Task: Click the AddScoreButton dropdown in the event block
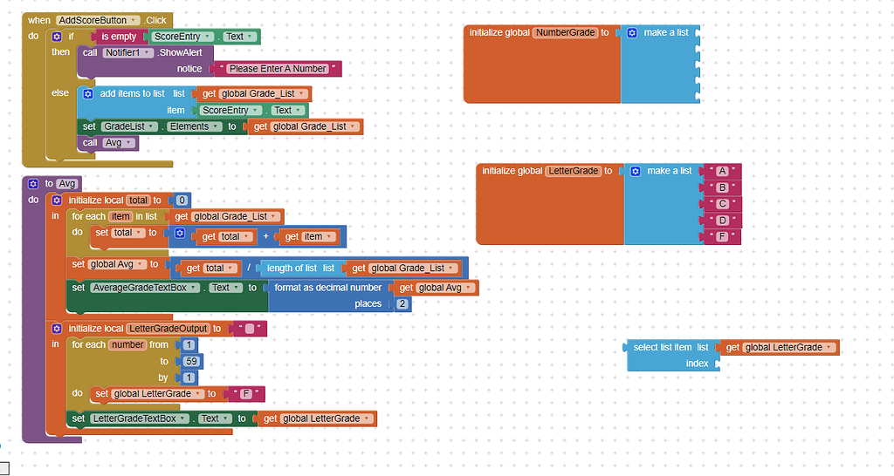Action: coord(98,20)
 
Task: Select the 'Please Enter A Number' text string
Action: coord(278,69)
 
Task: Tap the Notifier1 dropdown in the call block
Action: coord(128,53)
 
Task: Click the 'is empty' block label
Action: coord(119,37)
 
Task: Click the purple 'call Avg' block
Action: coord(107,143)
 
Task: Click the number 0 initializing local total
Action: coord(182,201)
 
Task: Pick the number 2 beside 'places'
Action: coord(402,304)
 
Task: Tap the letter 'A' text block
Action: coord(722,172)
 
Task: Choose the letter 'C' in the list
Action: coord(722,204)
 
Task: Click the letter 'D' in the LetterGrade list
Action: coord(722,221)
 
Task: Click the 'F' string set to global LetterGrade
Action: coord(246,394)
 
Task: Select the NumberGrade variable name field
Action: coord(564,33)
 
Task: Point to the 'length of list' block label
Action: coord(292,269)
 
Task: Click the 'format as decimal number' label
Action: coord(327,288)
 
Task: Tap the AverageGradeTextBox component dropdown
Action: coord(147,288)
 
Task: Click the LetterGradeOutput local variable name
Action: coord(168,329)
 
